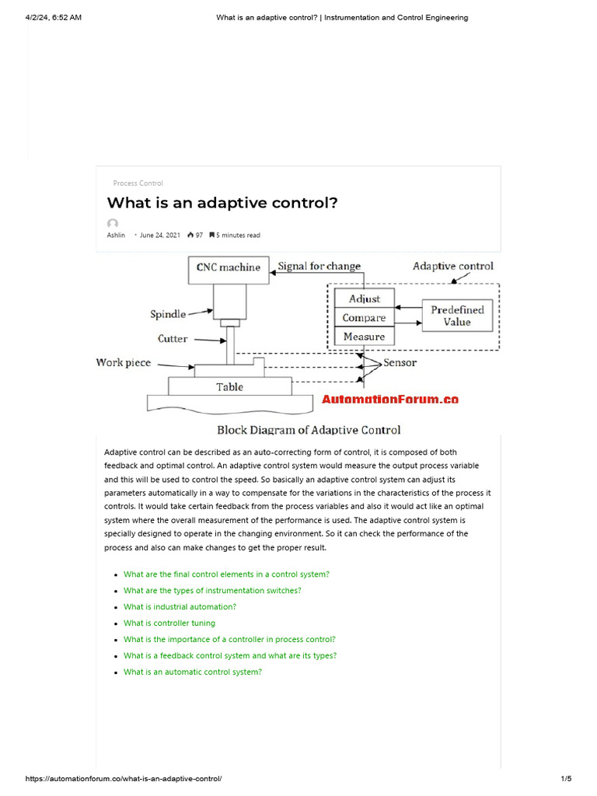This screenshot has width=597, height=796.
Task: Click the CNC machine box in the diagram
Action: point(229,268)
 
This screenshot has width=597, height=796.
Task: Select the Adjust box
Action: point(364,298)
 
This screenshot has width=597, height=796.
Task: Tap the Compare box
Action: point(364,318)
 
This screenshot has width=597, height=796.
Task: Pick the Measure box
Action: point(364,337)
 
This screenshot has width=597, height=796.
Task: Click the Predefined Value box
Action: point(457,316)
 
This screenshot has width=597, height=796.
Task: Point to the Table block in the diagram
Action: point(229,386)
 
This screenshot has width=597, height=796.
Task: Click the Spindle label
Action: point(168,314)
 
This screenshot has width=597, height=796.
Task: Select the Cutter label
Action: point(172,339)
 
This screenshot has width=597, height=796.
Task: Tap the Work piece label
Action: point(124,363)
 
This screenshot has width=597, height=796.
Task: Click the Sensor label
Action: point(400,363)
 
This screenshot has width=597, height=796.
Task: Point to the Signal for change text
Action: point(319,267)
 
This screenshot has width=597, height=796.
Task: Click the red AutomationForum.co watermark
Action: point(390,400)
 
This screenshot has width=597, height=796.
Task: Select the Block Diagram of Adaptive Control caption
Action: point(309,430)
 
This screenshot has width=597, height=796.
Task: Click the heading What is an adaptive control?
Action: point(222,203)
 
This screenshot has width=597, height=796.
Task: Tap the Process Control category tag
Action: point(138,183)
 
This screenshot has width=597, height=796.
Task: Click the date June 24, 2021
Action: point(161,236)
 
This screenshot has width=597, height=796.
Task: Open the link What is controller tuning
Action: point(169,623)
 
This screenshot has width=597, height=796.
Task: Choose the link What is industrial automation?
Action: point(180,607)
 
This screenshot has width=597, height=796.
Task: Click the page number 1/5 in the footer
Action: point(566,779)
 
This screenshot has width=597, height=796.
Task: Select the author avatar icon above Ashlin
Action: point(113,224)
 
